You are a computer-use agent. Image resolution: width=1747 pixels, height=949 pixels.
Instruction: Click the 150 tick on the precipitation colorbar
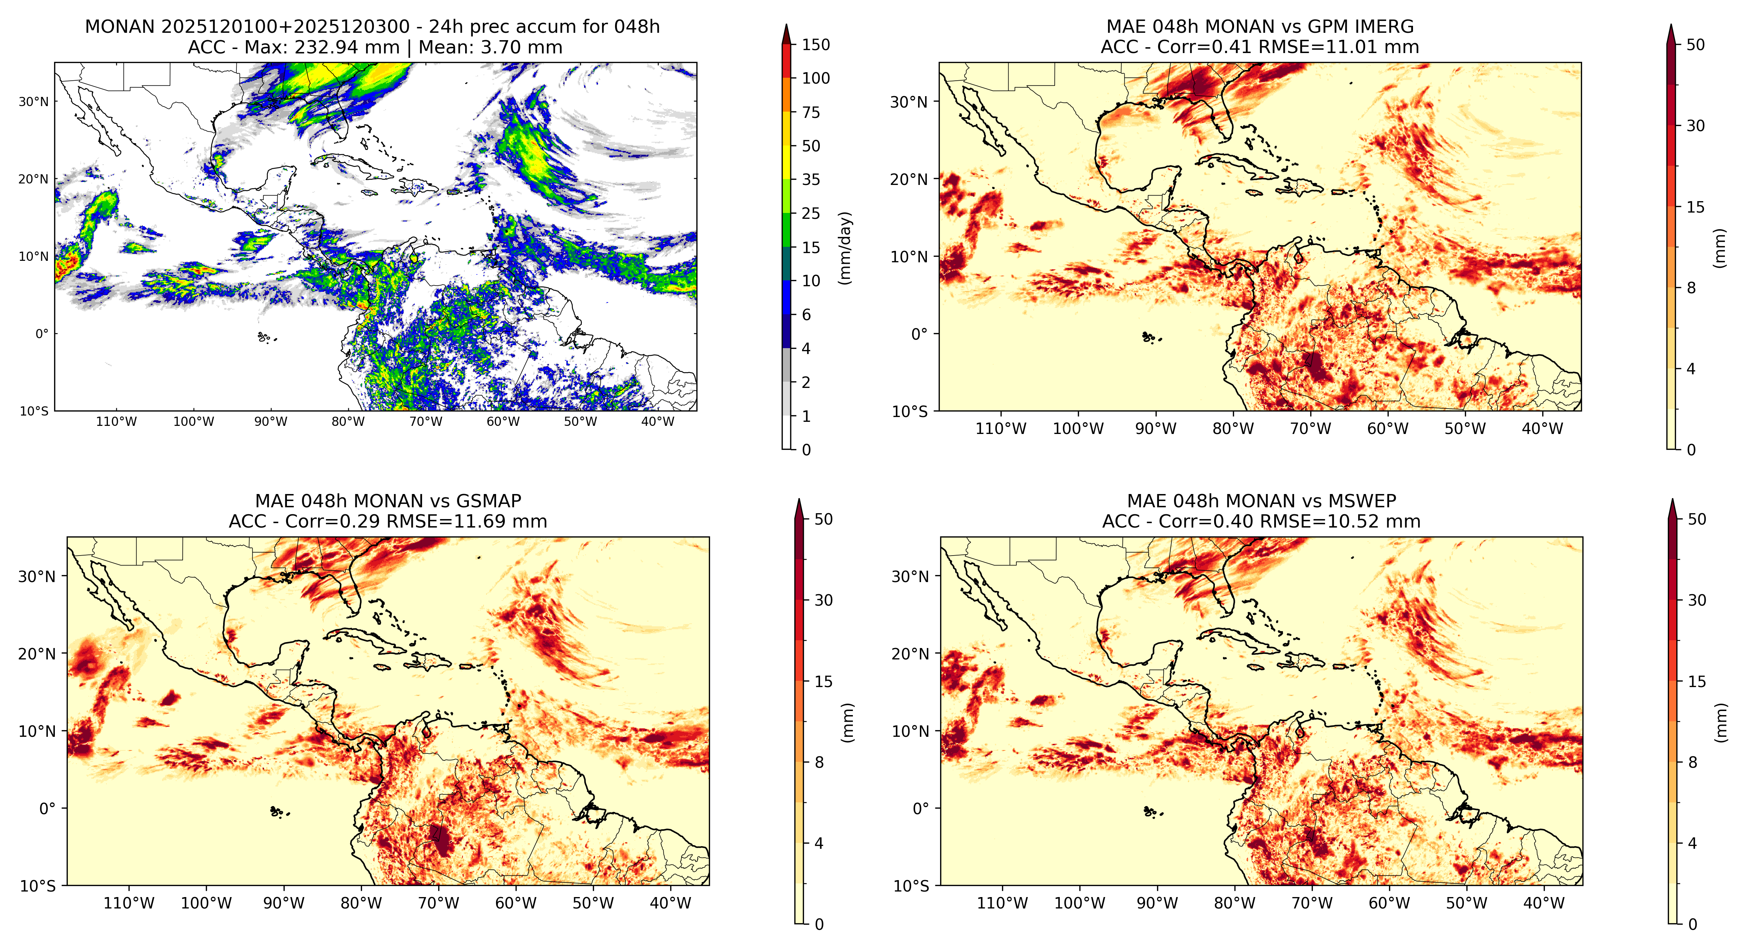click(816, 45)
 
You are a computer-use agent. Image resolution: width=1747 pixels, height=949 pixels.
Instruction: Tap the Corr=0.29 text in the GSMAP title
click(333, 522)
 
